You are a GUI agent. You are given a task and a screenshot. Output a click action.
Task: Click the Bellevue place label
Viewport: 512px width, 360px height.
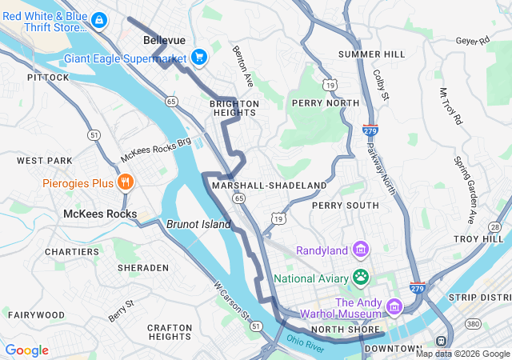click(x=164, y=40)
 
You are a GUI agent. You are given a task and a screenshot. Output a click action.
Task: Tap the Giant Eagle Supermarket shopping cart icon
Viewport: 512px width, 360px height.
click(x=199, y=57)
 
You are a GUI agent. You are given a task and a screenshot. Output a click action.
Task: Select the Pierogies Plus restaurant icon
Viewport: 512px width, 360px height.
click(x=125, y=183)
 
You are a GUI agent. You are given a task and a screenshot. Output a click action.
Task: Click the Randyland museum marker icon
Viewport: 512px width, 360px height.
click(x=361, y=250)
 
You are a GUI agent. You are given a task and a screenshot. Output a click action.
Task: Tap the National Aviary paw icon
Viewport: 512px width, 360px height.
click(x=361, y=278)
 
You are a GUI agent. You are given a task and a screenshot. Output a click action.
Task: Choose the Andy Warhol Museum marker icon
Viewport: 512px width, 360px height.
click(x=394, y=306)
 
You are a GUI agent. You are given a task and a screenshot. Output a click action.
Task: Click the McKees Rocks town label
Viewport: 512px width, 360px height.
click(x=100, y=214)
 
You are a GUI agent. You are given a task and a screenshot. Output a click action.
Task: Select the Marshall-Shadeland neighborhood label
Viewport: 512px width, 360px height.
click(x=270, y=186)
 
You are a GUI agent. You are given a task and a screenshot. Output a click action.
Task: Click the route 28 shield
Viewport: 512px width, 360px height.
click(x=496, y=227)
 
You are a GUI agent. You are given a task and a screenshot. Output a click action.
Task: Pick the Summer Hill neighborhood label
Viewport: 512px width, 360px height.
click(x=371, y=54)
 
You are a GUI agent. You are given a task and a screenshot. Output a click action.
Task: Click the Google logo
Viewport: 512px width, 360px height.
click(x=26, y=350)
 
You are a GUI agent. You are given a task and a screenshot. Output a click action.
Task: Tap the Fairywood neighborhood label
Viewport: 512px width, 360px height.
click(x=36, y=315)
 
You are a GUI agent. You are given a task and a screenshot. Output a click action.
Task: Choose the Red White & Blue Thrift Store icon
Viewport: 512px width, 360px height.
click(x=98, y=19)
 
